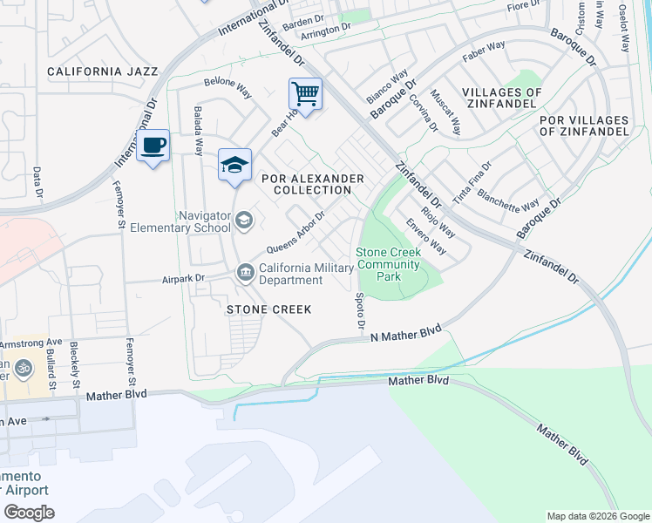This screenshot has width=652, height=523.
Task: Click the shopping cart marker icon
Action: tap(305, 92)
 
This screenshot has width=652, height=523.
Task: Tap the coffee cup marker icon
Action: tap(153, 146)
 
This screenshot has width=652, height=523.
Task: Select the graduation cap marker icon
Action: tap(234, 165)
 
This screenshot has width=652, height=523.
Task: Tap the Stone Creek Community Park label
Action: tap(388, 264)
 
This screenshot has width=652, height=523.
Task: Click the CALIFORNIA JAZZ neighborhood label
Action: tap(103, 71)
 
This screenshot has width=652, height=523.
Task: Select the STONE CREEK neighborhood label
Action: tap(269, 309)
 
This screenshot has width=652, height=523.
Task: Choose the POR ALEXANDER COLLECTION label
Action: tap(313, 184)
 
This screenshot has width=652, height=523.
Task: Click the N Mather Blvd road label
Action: tap(406, 333)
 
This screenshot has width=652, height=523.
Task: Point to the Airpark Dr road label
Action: tap(182, 279)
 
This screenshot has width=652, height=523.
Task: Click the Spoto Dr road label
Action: tap(360, 310)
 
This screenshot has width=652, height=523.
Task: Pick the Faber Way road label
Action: tap(485, 51)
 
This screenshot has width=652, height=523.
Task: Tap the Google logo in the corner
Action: tap(29, 512)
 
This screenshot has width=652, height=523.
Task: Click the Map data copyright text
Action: tap(597, 516)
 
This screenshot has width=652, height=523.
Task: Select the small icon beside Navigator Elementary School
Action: tap(244, 221)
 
